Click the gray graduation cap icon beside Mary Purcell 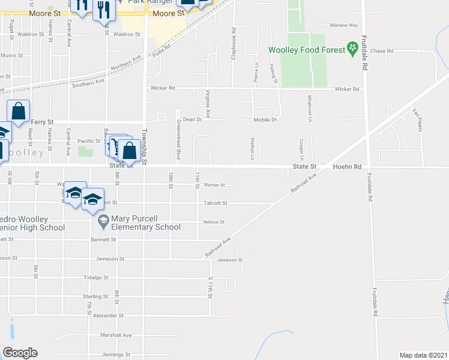pos(103,223)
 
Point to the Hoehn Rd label pos(348,167)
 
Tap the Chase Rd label pos(382,52)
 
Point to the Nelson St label pos(214,222)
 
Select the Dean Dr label pos(190,119)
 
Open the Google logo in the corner pos(20,353)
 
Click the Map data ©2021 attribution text pos(423,355)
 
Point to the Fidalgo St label pos(96,278)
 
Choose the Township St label pos(144,147)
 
